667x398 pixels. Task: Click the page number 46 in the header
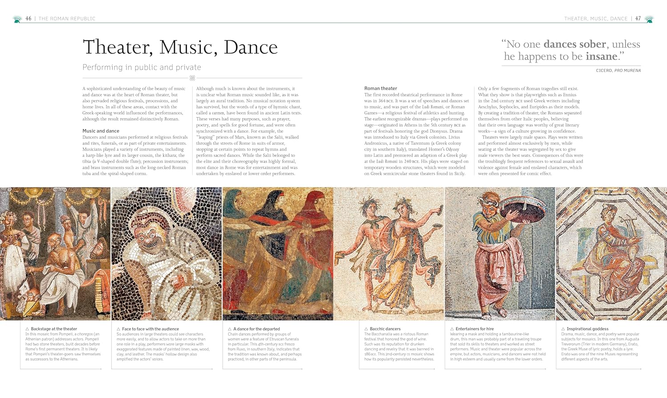[28, 19]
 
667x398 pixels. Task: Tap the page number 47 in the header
[638, 19]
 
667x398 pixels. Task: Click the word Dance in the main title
[251, 48]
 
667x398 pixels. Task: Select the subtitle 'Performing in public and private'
[142, 68]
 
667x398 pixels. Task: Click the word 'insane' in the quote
[602, 56]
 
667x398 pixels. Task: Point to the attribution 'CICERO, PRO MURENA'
[619, 71]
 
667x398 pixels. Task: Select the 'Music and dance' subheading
[101, 131]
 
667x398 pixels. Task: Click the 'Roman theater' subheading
[381, 88]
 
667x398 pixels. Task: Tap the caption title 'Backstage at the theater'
[54, 329]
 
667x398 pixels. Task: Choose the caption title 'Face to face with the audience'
[150, 329]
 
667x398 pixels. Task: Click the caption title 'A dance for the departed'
[257, 329]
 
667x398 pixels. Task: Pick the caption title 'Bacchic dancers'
[385, 329]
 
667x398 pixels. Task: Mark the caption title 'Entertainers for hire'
[474, 329]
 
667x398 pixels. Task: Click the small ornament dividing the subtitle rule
[193, 78]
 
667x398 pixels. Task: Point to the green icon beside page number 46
[17, 19]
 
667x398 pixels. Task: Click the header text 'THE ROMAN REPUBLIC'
[67, 19]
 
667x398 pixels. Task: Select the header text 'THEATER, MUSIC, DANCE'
[596, 19]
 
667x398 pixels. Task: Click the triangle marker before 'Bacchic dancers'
[366, 329]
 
